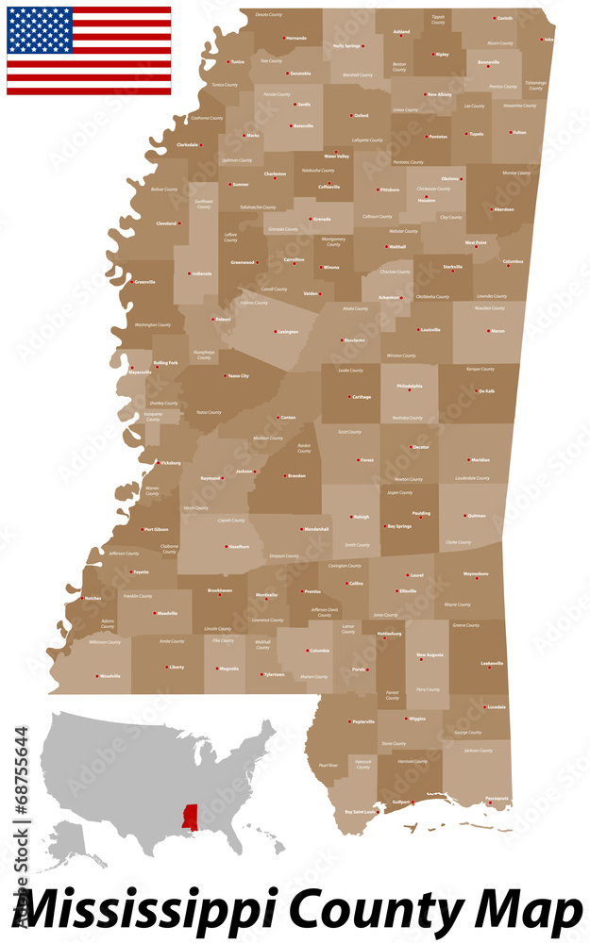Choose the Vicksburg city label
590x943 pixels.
pyautogui.click(x=170, y=463)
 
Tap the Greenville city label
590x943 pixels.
pyautogui.click(x=145, y=282)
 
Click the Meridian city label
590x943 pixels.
pyautogui.click(x=480, y=460)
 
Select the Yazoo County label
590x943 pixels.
pyautogui.click(x=209, y=412)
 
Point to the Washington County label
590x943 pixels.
pyautogui.click(x=153, y=325)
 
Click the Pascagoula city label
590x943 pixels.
pyautogui.click(x=497, y=798)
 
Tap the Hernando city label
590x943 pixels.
pyautogui.click(x=295, y=38)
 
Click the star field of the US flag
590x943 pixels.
pyautogui.click(x=40, y=30)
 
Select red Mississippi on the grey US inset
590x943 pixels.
pyautogui.click(x=191, y=817)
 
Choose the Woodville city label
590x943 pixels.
pyautogui.click(x=110, y=676)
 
